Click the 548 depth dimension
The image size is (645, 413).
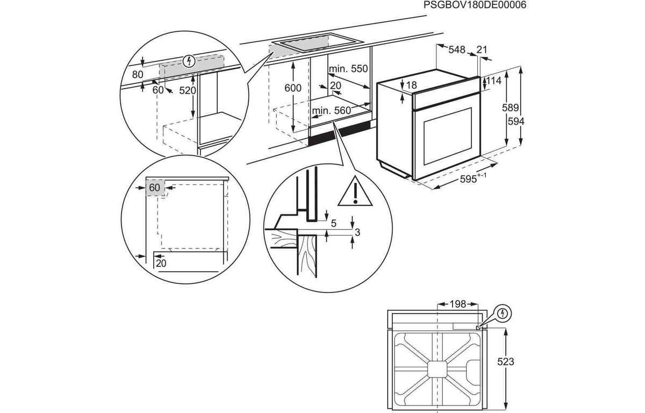[456, 50]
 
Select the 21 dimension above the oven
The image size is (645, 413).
[482, 50]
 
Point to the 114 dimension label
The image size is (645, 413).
[493, 81]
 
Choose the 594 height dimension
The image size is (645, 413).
[516, 122]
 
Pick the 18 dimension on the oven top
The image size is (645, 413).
[412, 85]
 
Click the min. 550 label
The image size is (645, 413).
[348, 69]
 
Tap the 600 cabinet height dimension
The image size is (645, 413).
[293, 88]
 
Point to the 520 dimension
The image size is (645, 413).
[188, 91]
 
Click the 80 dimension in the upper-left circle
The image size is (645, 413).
[138, 75]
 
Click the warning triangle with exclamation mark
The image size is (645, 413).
[355, 192]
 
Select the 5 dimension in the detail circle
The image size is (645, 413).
[334, 223]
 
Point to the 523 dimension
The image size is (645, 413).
[505, 362]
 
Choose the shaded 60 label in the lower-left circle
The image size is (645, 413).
[155, 188]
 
